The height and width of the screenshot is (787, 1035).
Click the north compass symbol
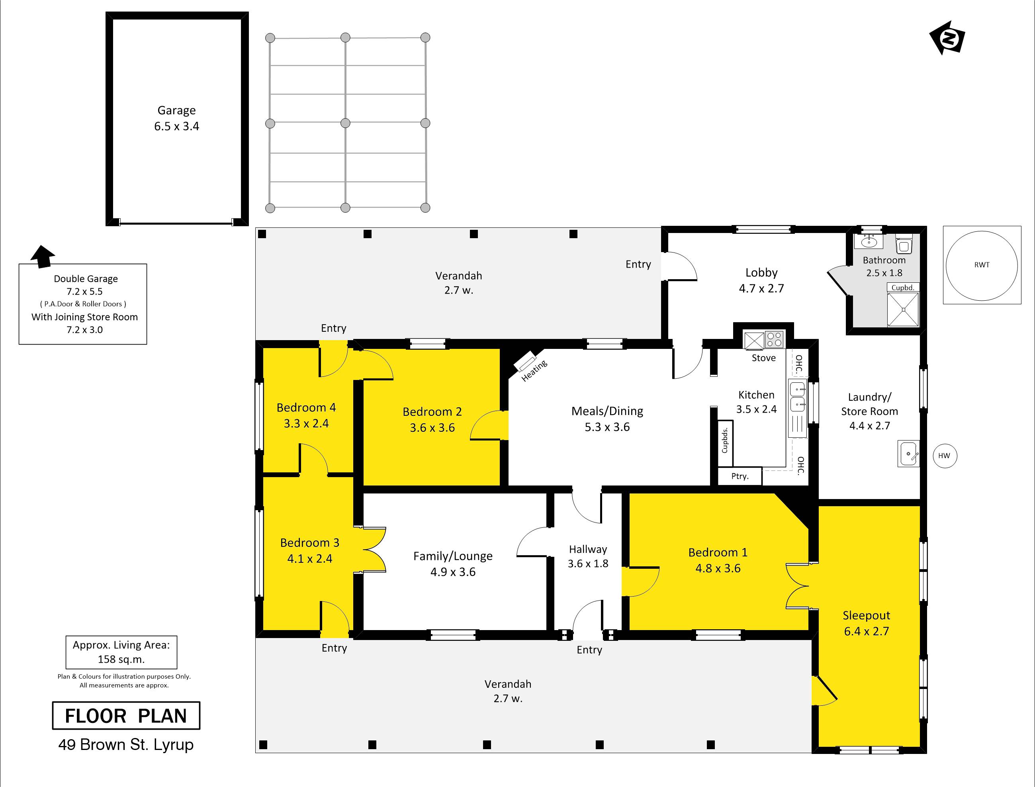tap(947, 37)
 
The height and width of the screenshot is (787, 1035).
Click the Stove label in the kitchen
tap(763, 358)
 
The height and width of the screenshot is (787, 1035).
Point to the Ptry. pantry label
tap(740, 476)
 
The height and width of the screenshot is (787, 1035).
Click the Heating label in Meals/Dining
tap(534, 370)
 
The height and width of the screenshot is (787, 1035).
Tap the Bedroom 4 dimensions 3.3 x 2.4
tap(306, 423)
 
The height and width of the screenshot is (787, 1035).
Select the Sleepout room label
tap(867, 616)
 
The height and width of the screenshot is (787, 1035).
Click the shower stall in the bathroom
tap(903, 309)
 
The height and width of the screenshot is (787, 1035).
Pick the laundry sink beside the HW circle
tap(908, 454)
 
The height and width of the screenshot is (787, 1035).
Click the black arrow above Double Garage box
tap(43, 257)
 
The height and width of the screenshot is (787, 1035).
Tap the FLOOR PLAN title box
tap(126, 715)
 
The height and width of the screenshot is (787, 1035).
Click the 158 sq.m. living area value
tap(121, 660)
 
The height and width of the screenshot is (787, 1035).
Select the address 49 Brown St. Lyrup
tap(126, 745)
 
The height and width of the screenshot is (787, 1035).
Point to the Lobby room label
tap(761, 273)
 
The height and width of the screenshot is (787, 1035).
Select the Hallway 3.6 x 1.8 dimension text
tap(588, 564)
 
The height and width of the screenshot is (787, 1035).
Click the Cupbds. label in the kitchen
tap(725, 440)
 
